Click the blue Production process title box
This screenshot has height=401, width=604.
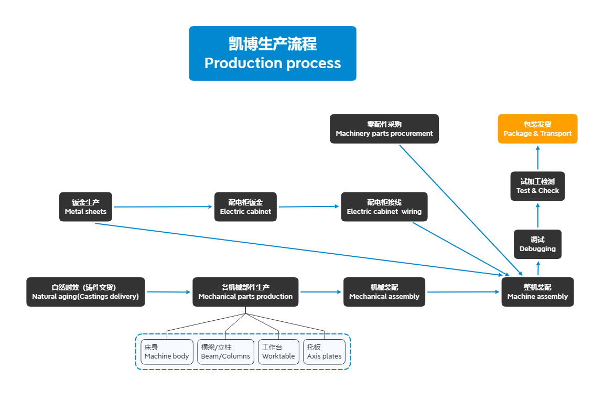point(272,53)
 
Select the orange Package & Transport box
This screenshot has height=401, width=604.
point(537,129)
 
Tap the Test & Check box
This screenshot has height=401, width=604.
point(537,186)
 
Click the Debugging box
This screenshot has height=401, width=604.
point(537,244)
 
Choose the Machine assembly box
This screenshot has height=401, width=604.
point(537,292)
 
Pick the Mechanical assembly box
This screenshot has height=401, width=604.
point(384,292)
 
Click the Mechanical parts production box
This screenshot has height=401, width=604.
point(245,292)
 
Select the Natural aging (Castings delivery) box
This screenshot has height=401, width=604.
point(85,292)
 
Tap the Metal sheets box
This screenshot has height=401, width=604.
point(85,207)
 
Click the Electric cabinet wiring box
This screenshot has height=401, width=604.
point(384,207)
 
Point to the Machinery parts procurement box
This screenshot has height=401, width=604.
point(384,129)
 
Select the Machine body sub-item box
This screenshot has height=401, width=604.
point(167,352)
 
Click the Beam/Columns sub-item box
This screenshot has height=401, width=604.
point(225,352)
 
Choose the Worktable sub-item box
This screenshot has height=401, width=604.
point(278,352)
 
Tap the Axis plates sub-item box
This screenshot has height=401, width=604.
point(324,352)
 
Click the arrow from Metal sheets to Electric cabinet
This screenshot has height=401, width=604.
point(163,207)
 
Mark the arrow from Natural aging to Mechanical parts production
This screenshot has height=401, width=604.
point(168,292)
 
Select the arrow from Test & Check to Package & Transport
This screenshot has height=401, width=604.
point(537,158)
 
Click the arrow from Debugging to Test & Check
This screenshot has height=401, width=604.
point(537,215)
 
